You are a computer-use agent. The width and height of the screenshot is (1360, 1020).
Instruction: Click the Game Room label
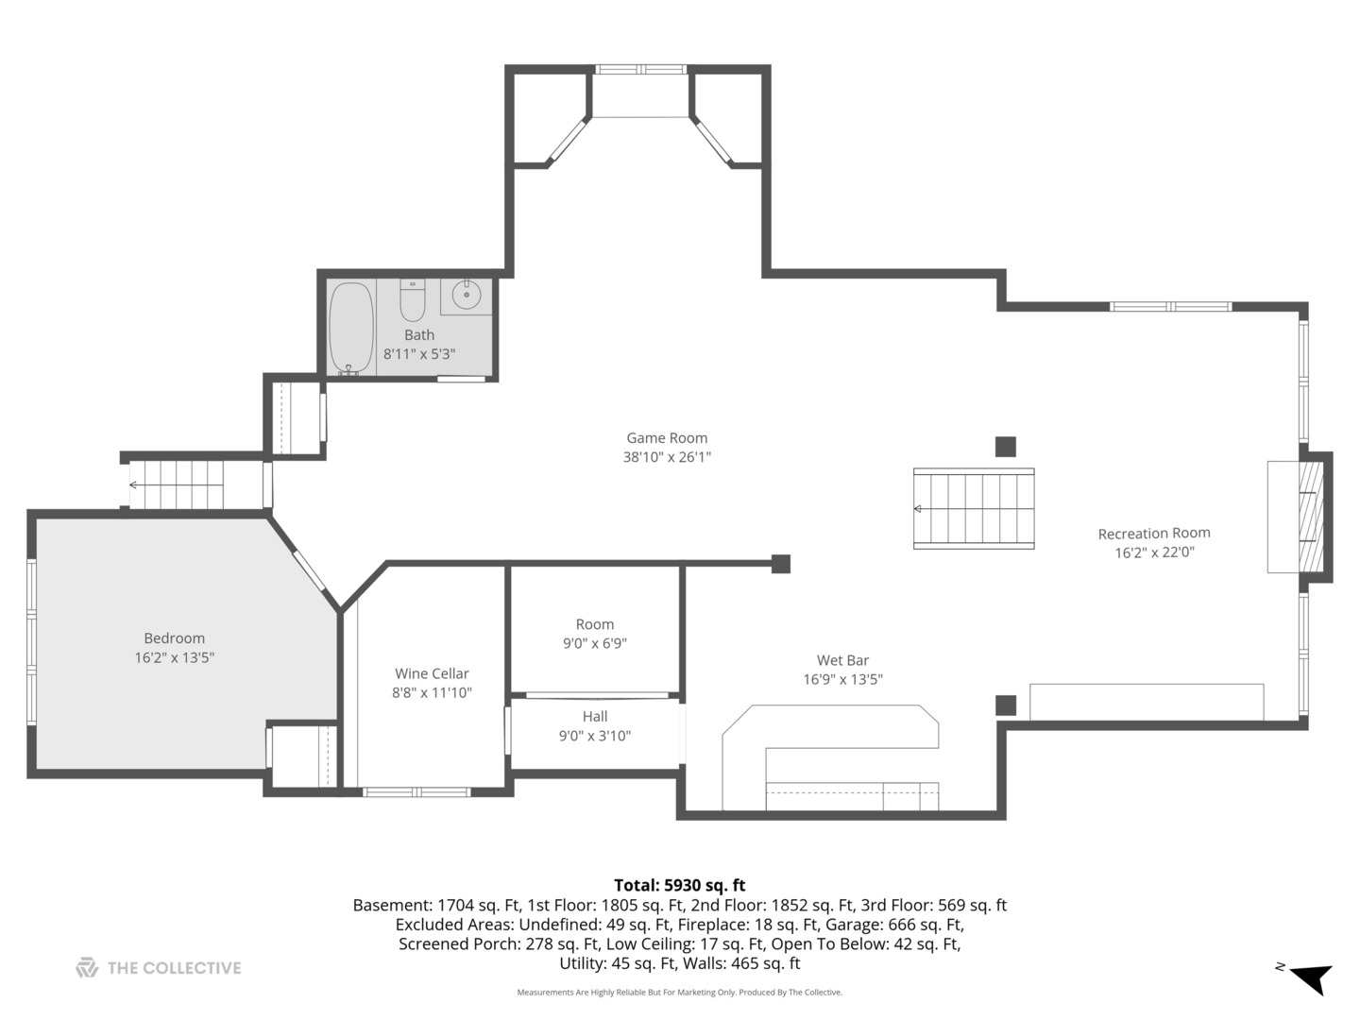pos(667,438)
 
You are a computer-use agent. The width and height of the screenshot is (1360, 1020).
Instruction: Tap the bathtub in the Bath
pos(351,329)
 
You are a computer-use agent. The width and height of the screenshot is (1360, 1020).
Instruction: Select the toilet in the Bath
pos(412,299)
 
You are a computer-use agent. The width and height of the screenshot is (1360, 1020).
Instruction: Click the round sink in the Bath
pos(466,295)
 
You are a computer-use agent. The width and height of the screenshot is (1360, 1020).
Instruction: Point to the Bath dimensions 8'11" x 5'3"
pos(419,354)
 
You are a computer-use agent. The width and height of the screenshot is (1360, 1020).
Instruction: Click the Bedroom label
pos(174,637)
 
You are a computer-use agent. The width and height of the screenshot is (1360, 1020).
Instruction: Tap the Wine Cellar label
pos(432,673)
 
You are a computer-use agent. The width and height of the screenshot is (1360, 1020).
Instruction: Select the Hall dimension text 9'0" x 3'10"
pos(595,736)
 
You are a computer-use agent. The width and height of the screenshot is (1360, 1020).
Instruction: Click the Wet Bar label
pos(842,660)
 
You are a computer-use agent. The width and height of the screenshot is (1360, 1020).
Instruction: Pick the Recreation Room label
pos(1154,534)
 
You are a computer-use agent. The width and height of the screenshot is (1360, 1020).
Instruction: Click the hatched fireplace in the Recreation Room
pos(1311,518)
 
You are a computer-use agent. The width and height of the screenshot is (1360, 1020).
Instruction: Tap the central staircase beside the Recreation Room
pos(974,508)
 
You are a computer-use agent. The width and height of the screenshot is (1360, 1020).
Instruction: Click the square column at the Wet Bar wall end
pos(781,564)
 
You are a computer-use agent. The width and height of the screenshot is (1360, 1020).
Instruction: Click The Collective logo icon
pos(87,968)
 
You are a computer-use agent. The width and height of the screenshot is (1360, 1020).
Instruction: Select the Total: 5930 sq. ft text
pos(680,885)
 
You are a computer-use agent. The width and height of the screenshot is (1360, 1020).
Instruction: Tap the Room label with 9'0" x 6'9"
pos(595,624)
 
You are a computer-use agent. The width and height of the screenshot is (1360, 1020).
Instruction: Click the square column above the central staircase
pos(1006,447)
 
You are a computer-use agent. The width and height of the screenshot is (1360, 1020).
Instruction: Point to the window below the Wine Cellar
pos(416,792)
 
